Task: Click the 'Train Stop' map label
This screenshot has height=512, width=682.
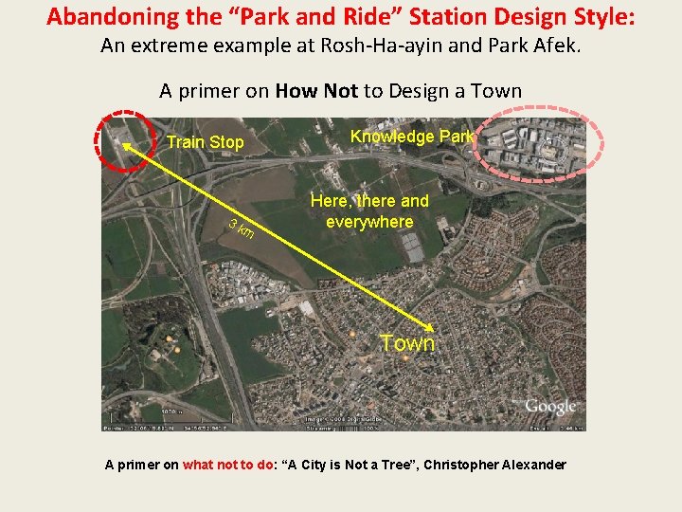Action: click(x=205, y=142)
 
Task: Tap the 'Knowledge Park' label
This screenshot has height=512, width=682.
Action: click(x=411, y=137)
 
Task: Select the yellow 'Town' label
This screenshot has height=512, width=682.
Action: click(x=407, y=343)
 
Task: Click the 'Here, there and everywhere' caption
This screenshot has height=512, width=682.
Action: click(x=369, y=211)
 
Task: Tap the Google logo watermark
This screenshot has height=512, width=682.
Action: click(x=550, y=407)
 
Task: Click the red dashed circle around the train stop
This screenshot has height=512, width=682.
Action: click(x=123, y=143)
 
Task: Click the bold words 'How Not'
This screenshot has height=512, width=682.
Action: click(x=316, y=91)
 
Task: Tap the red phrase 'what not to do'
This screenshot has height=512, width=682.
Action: click(x=228, y=465)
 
